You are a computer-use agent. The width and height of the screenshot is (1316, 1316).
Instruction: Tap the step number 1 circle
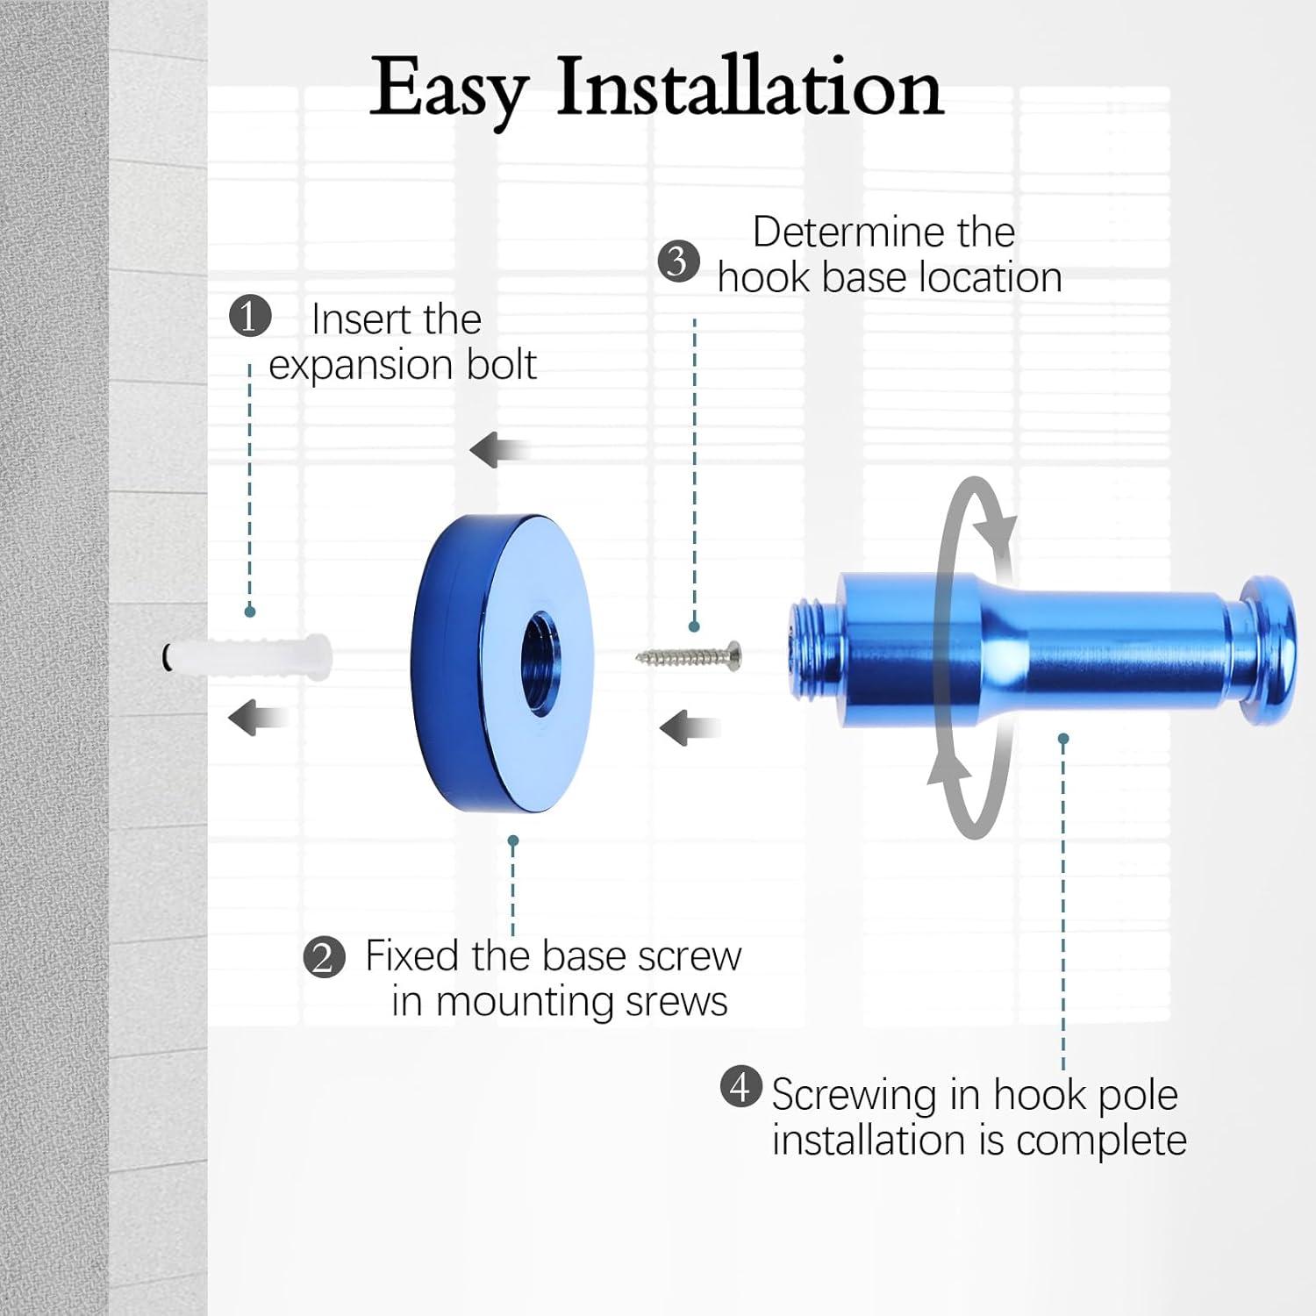point(250,316)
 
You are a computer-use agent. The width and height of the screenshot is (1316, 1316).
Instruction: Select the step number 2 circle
point(324,957)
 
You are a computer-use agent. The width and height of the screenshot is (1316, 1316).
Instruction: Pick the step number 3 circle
point(679,261)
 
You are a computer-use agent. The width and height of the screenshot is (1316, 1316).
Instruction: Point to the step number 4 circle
point(741,1087)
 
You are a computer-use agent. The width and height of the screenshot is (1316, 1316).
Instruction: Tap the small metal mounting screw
point(689,655)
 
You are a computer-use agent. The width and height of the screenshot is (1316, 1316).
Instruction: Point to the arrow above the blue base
point(500,451)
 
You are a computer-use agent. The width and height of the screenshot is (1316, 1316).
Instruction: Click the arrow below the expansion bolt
point(259,718)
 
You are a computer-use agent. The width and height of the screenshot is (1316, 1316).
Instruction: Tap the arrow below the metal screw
point(690,728)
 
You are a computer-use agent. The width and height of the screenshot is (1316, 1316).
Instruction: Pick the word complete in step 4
point(1101,1141)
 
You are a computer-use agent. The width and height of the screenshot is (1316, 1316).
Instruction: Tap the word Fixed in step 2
point(413,955)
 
